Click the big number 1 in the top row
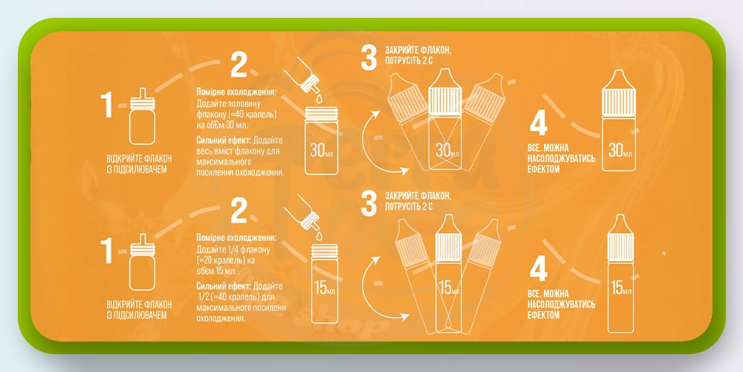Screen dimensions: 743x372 click(108, 106)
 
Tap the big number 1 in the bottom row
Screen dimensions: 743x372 click(108, 251)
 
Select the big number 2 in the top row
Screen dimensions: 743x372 click(239, 65)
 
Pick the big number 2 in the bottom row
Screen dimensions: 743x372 click(239, 211)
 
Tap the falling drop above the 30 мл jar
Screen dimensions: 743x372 click(319, 98)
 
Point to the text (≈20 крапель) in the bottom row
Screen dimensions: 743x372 click(218, 260)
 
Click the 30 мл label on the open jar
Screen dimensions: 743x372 click(323, 150)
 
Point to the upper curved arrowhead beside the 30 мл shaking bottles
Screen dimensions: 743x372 click(377, 114)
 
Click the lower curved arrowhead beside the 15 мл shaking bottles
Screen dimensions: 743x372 click(403, 316)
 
